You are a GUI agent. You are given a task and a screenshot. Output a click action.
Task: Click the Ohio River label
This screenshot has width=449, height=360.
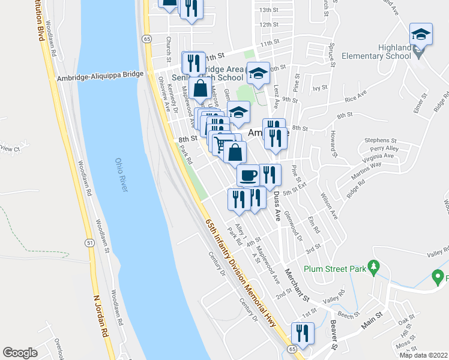pos(122,175)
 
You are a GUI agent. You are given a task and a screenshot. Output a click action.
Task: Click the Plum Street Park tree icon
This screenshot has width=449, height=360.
pos(373,265)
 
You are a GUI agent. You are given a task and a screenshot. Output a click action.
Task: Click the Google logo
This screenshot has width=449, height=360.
pos(20,353)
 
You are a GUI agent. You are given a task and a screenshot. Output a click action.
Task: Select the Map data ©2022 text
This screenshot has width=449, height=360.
pos(424,355)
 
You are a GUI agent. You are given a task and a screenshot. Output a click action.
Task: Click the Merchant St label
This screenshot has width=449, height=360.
pos(297,285)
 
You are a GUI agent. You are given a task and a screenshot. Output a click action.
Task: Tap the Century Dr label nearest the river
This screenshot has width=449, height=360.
pos(215,264)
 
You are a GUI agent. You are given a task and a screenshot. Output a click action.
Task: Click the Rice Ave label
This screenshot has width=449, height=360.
pos(355,96)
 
